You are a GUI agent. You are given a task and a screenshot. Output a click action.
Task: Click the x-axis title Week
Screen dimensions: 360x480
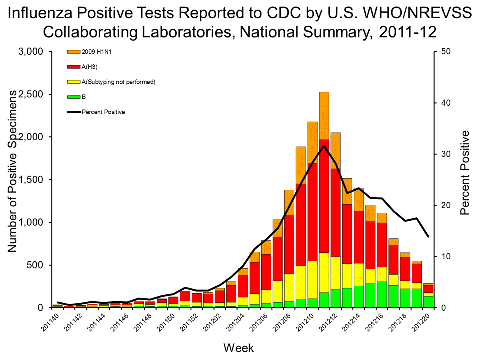coord(237,347)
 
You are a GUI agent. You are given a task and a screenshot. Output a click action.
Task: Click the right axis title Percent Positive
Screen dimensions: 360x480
coord(465,172)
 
